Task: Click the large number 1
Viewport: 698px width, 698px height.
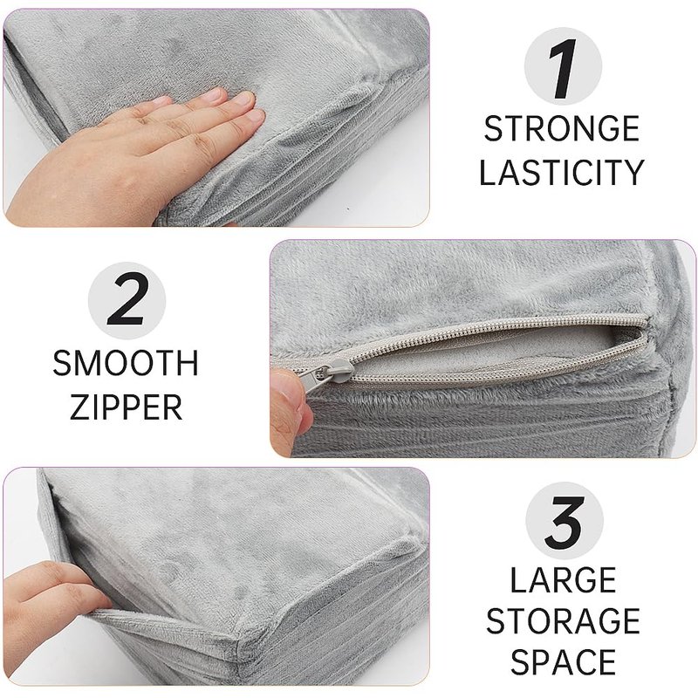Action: tap(563, 69)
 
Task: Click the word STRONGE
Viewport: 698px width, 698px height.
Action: tap(562, 128)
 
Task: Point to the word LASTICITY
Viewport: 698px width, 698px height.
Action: tap(561, 172)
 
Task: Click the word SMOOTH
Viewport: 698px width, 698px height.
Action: tap(126, 363)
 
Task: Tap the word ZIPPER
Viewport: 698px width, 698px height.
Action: tap(127, 407)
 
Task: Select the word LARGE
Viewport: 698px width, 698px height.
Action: tap(563, 579)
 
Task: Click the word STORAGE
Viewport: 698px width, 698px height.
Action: tap(563, 621)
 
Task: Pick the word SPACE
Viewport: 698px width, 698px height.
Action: tap(563, 662)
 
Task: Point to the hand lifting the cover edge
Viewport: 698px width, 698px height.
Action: tap(49, 610)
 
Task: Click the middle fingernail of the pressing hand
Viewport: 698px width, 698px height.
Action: tap(244, 98)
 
